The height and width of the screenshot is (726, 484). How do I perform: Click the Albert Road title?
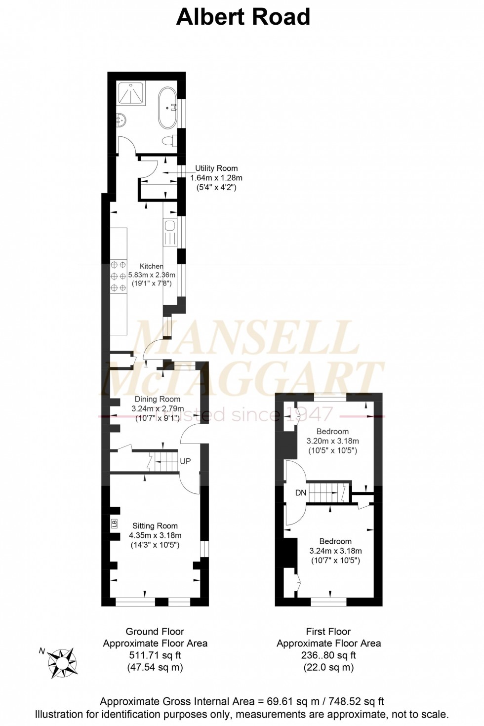pos(243,17)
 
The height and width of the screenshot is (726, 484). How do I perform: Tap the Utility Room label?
pos(216,168)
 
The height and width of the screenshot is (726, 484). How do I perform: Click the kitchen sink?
pos(170,227)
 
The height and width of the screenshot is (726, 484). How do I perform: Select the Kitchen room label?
pos(151,266)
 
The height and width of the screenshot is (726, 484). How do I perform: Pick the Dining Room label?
pos(158,399)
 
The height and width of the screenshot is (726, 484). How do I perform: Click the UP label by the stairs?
pos(185,461)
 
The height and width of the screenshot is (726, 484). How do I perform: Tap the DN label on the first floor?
pos(301,492)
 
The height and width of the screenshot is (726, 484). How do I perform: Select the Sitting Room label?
pos(155,526)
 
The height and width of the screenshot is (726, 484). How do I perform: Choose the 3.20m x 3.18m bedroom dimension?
pos(333,441)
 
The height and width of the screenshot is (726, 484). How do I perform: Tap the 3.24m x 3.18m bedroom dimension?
pos(335,551)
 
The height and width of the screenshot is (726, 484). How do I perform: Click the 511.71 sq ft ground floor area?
pos(155,655)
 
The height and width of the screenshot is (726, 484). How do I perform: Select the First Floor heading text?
pos(328,631)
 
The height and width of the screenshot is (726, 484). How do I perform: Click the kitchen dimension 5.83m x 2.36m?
pos(152,275)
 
